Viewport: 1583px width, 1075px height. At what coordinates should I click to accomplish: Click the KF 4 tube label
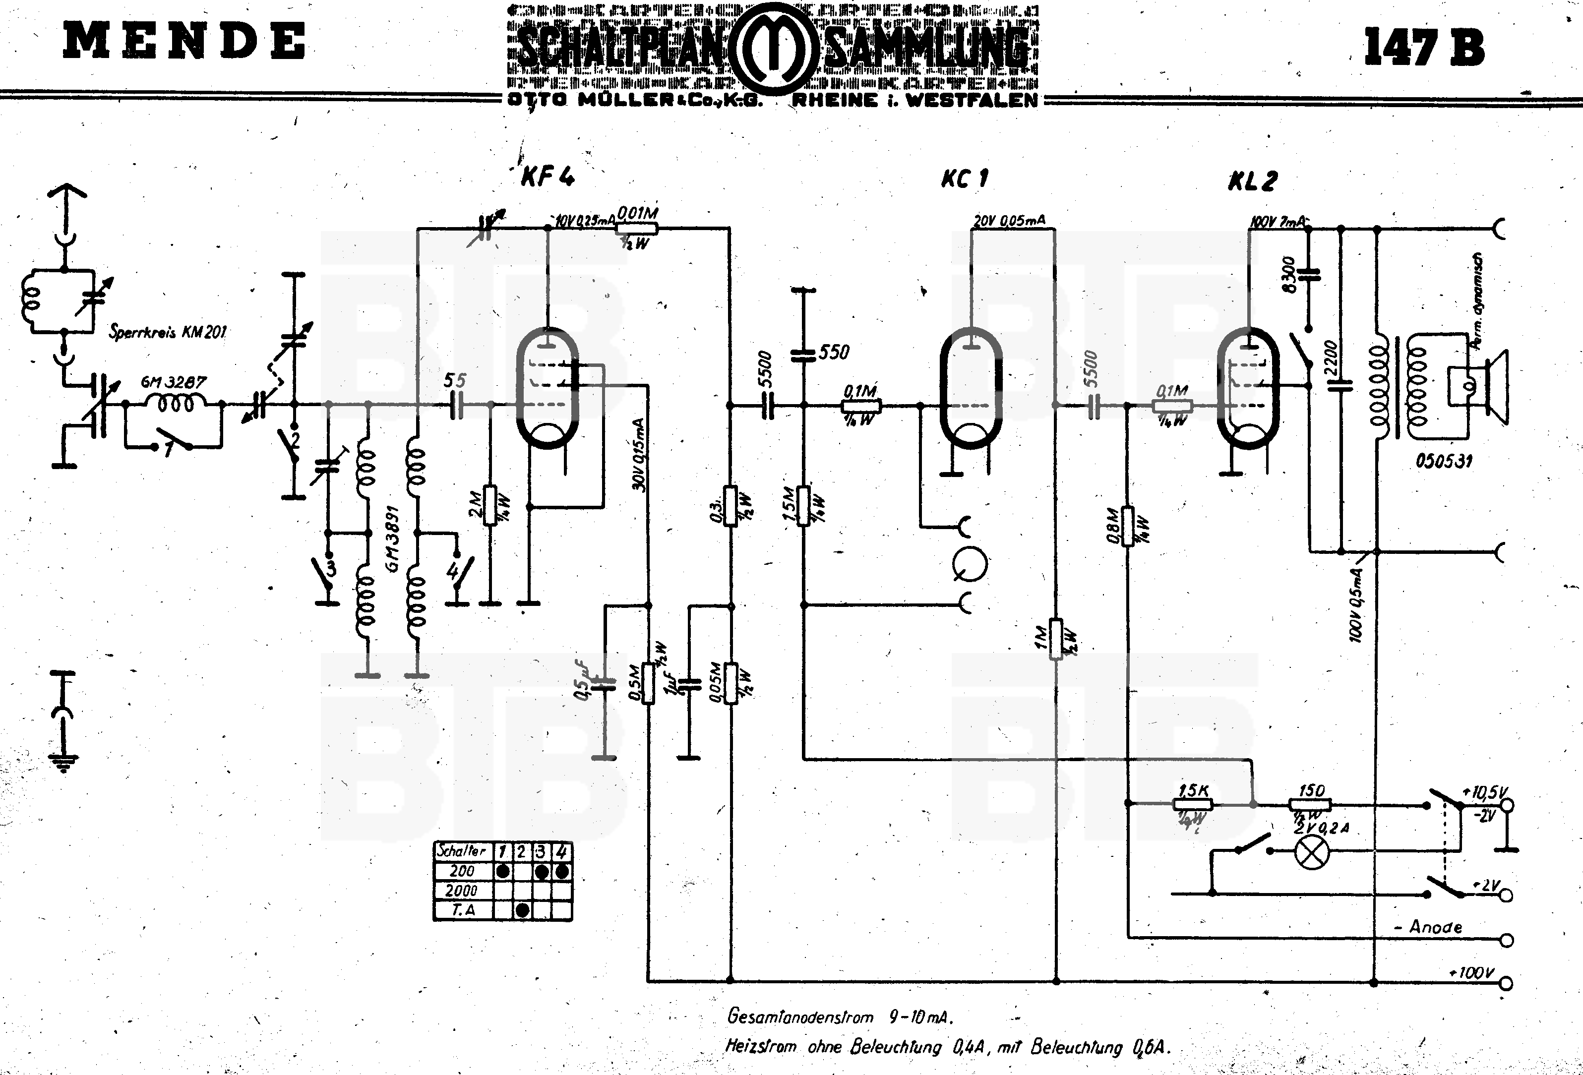coord(548,177)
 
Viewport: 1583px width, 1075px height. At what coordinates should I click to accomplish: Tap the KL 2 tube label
coord(1253,181)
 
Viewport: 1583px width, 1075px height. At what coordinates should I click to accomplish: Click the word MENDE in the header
coord(184,41)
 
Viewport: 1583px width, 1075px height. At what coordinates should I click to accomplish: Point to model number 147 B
coord(1424,47)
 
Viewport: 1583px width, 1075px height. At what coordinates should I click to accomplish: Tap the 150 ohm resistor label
coord(1311,790)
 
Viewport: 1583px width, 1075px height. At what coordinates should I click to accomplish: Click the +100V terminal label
coord(1472,973)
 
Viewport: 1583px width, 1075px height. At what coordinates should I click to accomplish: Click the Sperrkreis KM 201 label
coord(168,332)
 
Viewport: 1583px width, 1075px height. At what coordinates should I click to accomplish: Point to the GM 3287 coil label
coord(173,382)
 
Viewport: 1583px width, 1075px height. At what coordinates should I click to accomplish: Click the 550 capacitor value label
coord(834,352)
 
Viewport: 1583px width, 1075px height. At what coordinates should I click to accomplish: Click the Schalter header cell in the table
coord(462,851)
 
